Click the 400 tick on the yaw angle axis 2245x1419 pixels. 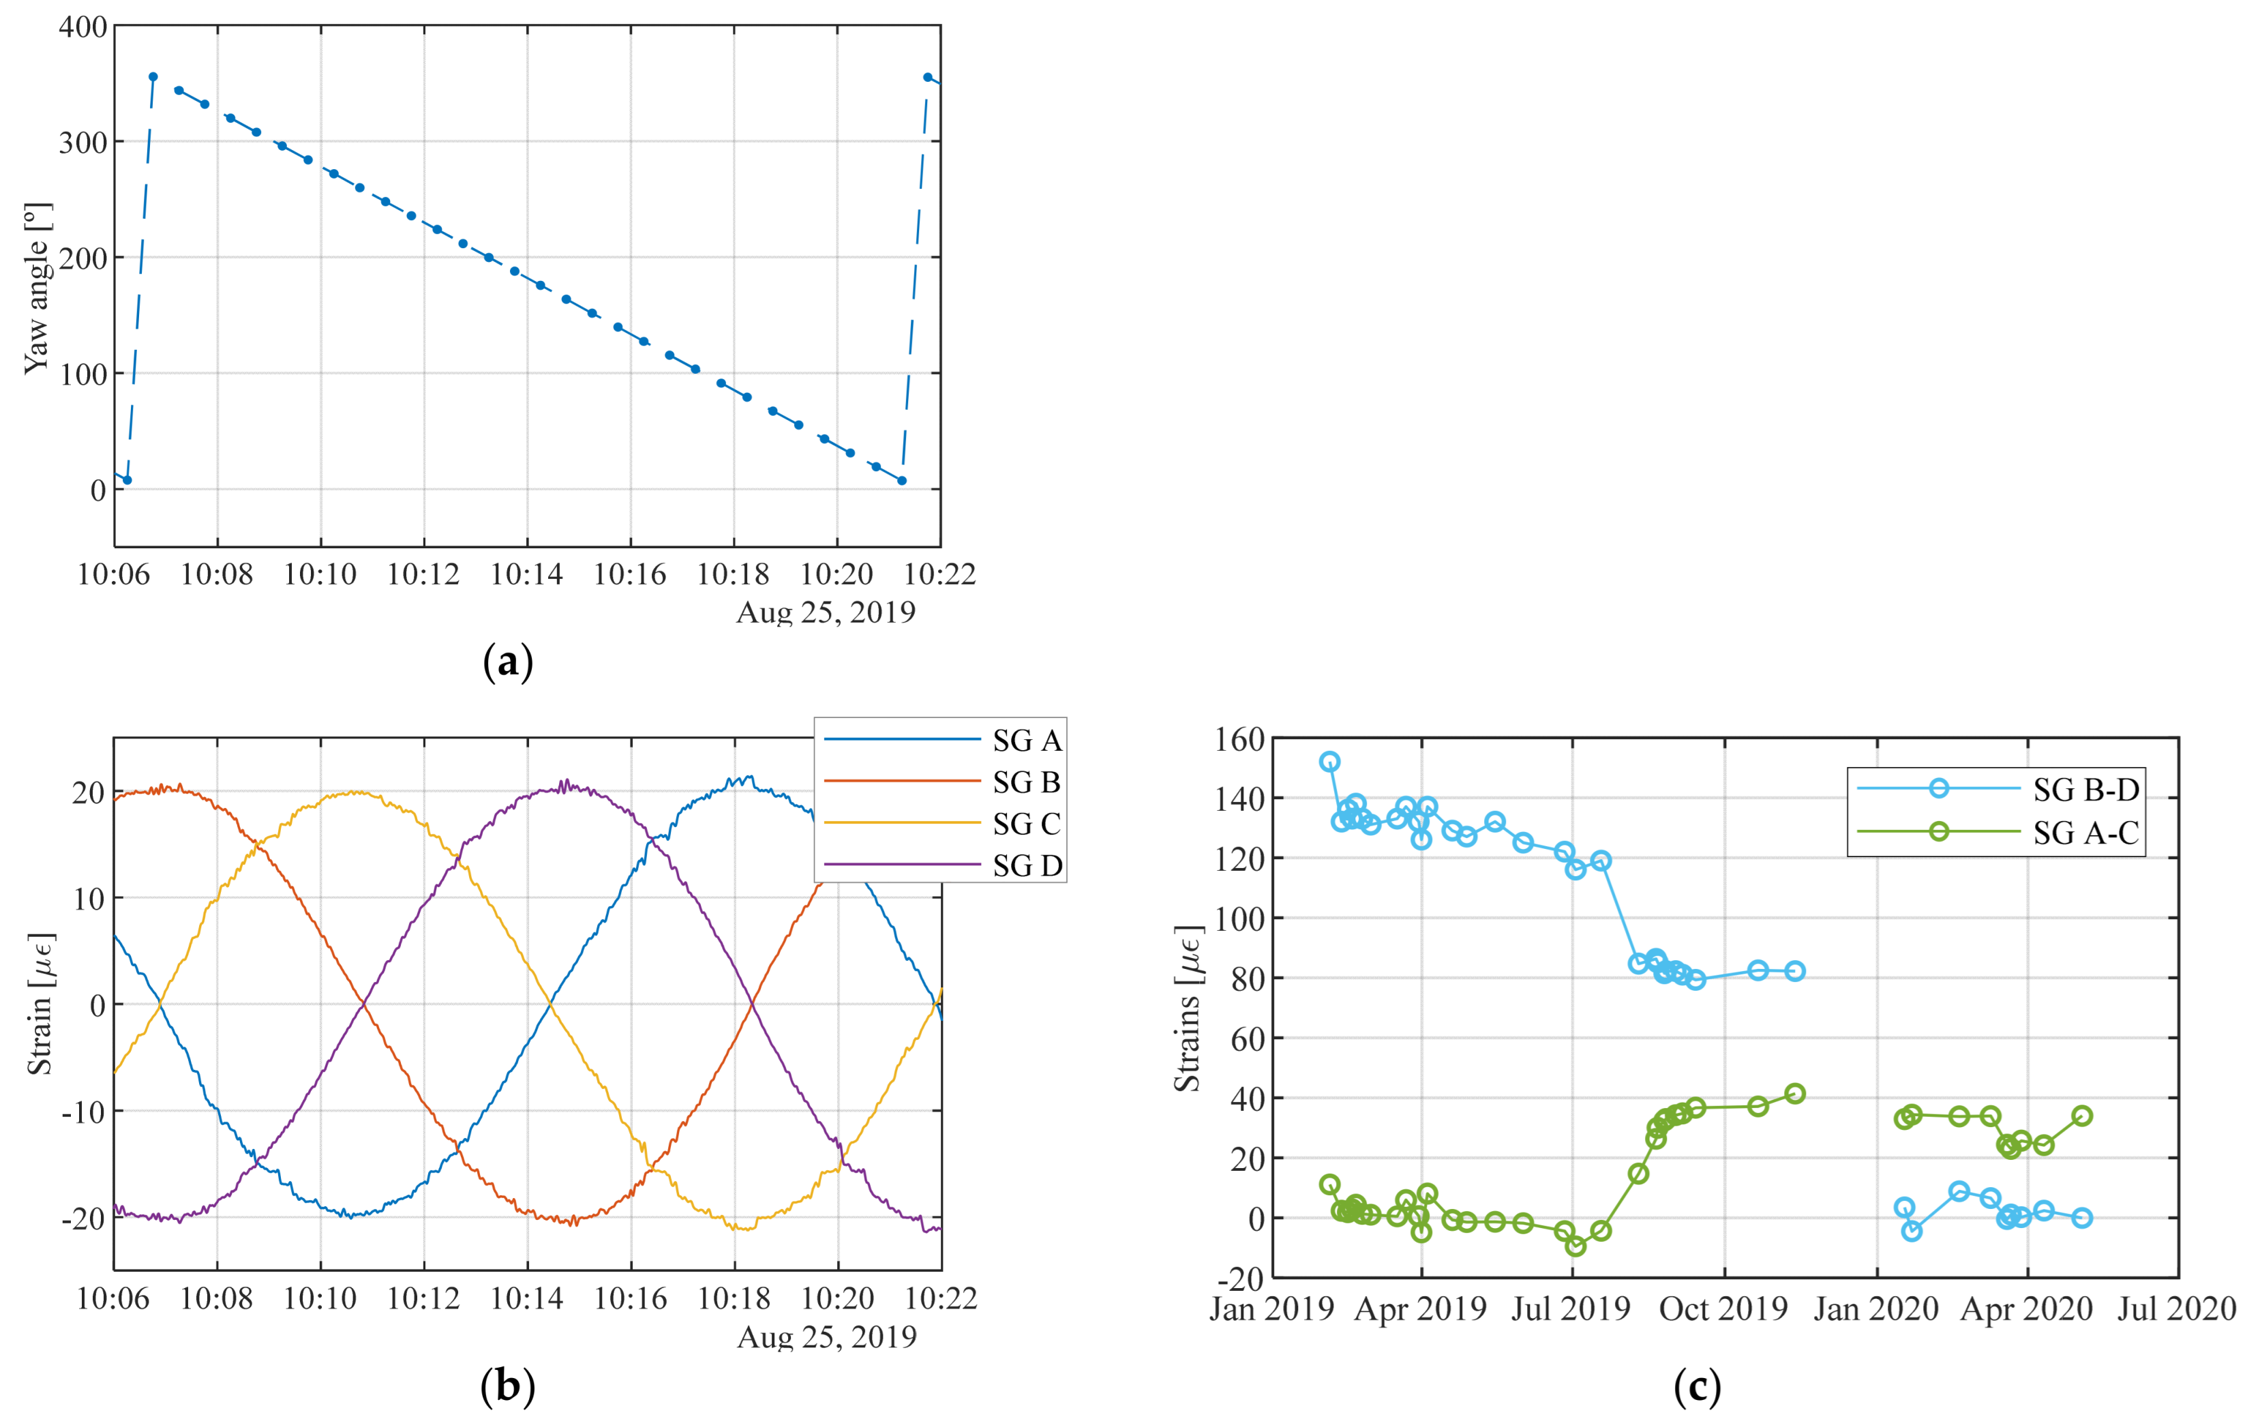point(83,27)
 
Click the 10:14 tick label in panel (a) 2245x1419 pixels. point(527,574)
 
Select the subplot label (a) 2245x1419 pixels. point(508,662)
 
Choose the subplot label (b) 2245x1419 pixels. point(508,1386)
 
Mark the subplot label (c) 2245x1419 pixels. point(1697,1386)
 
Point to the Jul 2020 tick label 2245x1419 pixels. point(2177,1310)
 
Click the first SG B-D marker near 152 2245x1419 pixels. point(1329,762)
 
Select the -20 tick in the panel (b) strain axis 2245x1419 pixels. point(83,1219)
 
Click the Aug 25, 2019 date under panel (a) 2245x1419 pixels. point(826,612)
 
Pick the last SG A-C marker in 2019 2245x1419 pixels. point(1794,1094)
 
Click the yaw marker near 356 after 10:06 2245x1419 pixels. point(153,77)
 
